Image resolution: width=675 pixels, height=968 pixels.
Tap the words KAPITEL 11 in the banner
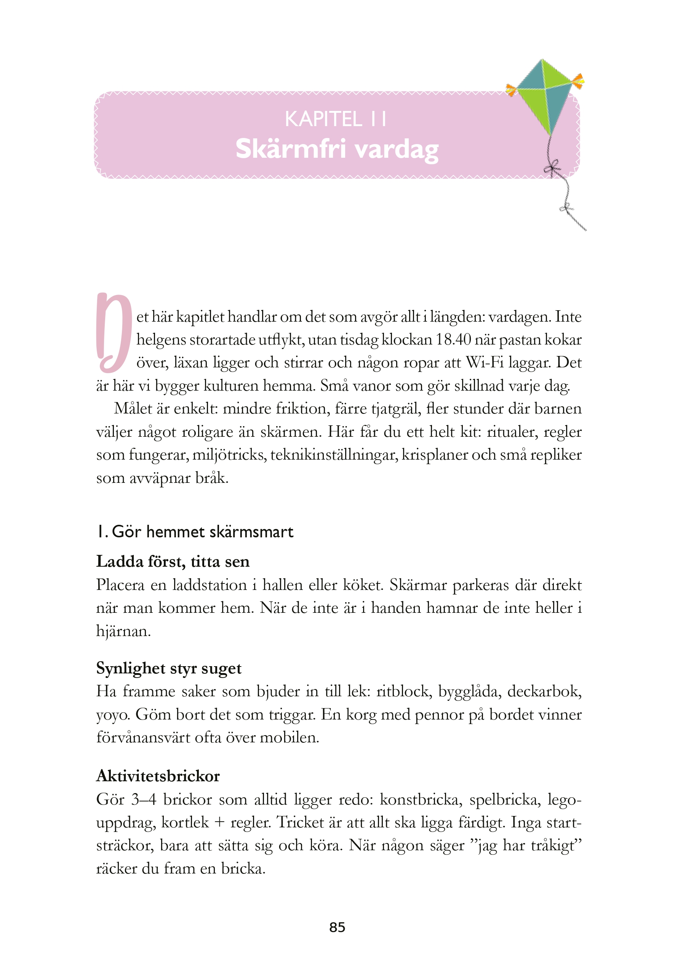(335, 119)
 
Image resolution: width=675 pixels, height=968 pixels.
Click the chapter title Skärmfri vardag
(337, 149)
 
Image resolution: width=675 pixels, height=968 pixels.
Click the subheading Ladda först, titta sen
(173, 562)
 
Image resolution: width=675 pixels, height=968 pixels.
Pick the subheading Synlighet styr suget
(168, 668)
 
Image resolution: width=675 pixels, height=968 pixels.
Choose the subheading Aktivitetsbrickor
(158, 776)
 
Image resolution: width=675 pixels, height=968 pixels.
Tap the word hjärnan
(123, 631)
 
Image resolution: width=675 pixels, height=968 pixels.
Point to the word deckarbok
(544, 692)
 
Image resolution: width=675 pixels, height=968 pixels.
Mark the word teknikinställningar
(334, 455)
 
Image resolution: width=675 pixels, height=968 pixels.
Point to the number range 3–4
(143, 799)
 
